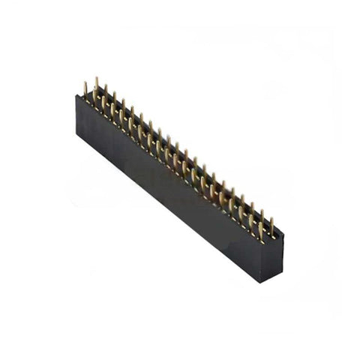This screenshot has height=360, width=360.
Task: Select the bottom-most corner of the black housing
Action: (261, 282)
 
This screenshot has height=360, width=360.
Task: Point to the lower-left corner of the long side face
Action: (76, 139)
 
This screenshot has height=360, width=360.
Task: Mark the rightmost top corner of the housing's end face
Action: (283, 234)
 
